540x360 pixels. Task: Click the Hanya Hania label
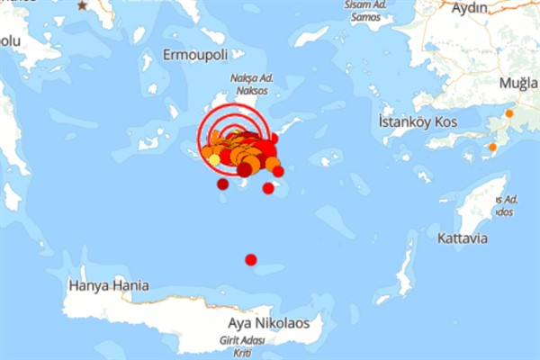pyautogui.click(x=108, y=285)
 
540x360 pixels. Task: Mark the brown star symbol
pyautogui.click(x=83, y=5)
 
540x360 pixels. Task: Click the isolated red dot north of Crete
pyautogui.click(x=251, y=260)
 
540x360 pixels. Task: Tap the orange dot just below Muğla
pyautogui.click(x=509, y=113)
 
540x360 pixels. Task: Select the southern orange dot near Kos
pyautogui.click(x=492, y=147)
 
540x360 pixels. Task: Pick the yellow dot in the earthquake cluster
pyautogui.click(x=214, y=159)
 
